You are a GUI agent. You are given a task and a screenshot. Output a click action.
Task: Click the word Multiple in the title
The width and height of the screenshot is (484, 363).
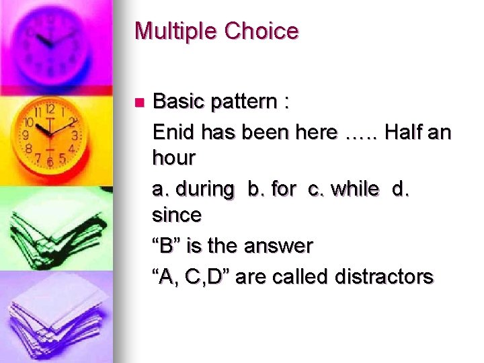(x=177, y=31)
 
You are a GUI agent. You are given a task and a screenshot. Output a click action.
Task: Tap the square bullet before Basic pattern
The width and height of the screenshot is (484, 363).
(x=139, y=103)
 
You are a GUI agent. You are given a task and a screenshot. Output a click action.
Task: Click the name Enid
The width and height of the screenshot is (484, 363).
(x=173, y=132)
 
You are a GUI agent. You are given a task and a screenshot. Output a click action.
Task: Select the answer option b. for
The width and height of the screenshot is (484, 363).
(x=274, y=189)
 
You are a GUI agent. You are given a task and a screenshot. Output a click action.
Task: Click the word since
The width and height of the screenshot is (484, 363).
(x=177, y=216)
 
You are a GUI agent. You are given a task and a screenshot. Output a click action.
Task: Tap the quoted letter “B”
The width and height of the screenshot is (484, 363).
(x=167, y=246)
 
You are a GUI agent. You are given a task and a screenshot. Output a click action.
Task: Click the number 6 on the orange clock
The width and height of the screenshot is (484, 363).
(x=49, y=161)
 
